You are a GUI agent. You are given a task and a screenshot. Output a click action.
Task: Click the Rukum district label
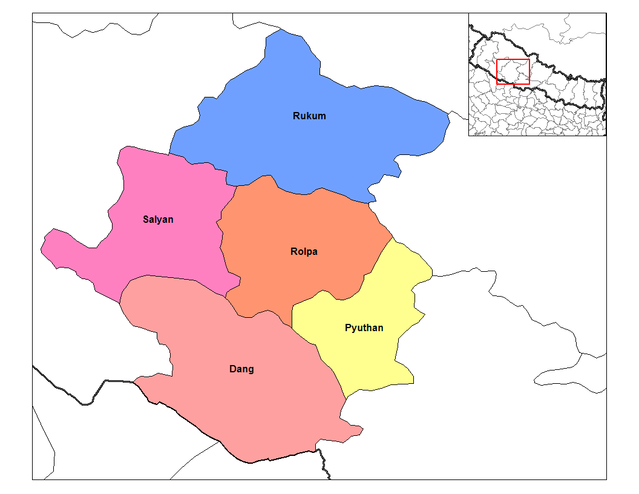coord(309,116)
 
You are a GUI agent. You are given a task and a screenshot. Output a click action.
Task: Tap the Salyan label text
coord(158,219)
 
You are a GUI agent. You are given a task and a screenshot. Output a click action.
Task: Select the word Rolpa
coord(304,251)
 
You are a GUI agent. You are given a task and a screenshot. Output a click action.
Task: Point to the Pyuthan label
coord(364,328)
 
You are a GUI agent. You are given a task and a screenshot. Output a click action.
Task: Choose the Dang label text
coord(241,369)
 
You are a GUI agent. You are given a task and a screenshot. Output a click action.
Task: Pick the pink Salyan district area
coord(163,248)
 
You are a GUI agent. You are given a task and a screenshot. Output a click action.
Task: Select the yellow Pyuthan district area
coord(375,357)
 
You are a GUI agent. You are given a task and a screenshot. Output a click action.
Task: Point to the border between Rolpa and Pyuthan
coord(369,272)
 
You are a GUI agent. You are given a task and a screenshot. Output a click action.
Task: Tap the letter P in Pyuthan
coord(348,328)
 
